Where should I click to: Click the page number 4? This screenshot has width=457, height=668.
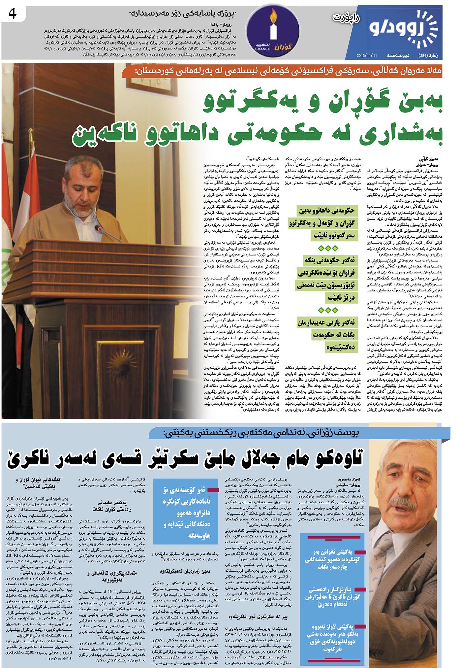tap(12, 14)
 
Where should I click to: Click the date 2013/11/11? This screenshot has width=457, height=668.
tap(366, 55)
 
